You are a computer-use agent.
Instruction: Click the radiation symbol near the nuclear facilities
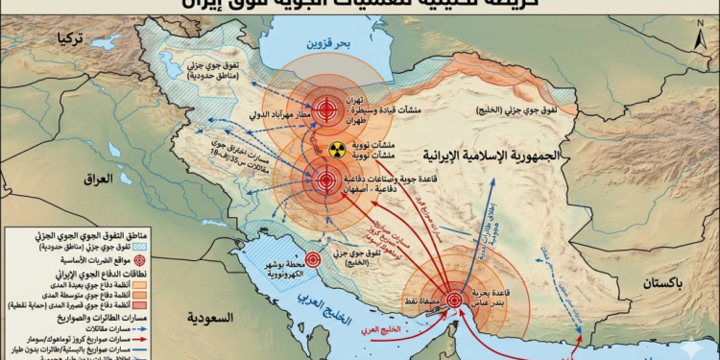(x=335, y=149)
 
